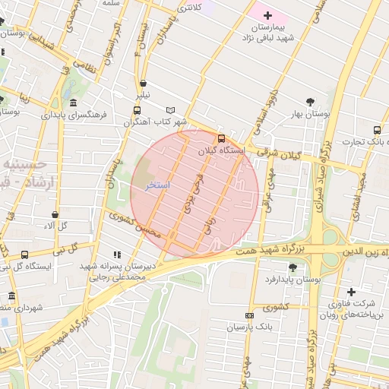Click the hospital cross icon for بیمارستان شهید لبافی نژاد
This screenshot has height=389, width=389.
[x=267, y=15]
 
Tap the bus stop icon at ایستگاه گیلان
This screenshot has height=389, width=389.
[x=221, y=138]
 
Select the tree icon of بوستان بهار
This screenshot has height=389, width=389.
[x=310, y=101]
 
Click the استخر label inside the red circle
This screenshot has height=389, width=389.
[x=157, y=185]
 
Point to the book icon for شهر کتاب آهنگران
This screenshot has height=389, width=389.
[x=170, y=109]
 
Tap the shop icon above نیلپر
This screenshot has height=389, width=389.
[x=144, y=84]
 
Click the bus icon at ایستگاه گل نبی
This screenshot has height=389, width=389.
[x=25, y=255]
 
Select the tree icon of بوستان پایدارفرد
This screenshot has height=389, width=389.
[x=293, y=267]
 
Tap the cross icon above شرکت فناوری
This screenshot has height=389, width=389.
[x=351, y=292]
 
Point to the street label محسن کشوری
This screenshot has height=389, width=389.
[x=134, y=224]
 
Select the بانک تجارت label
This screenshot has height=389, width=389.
[x=365, y=141]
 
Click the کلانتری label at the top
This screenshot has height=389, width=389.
[x=189, y=8]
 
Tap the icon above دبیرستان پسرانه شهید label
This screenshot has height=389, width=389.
[x=115, y=255]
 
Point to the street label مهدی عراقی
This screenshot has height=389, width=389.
[x=265, y=189]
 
